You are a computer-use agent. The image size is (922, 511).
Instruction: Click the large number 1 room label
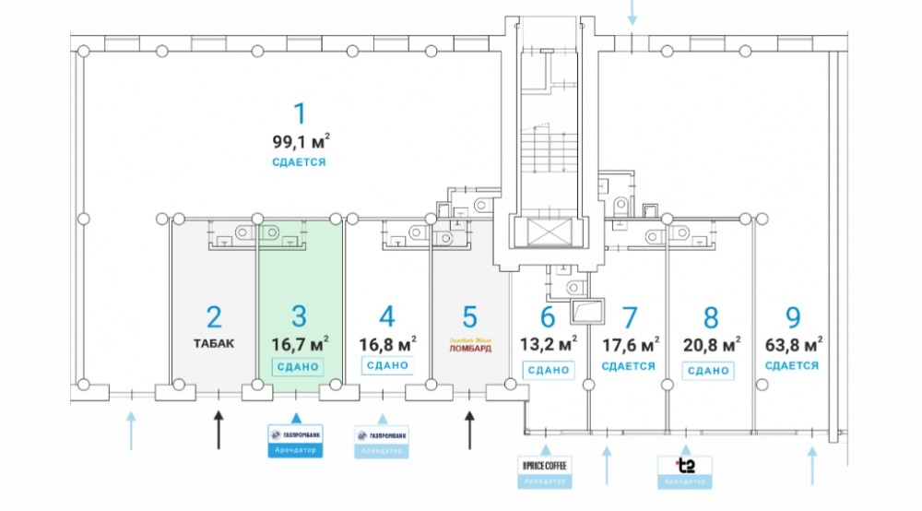298,114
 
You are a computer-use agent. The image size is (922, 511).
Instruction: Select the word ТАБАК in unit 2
214,343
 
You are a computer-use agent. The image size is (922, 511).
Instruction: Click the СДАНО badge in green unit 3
298,367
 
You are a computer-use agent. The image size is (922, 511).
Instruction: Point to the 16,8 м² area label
387,343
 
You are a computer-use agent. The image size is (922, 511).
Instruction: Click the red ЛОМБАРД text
469,350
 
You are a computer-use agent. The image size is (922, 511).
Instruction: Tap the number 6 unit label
548,317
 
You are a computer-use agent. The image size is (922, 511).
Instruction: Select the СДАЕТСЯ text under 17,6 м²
629,366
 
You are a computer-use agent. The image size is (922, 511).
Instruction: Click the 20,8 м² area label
710,344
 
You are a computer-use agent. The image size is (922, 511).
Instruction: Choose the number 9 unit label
792,317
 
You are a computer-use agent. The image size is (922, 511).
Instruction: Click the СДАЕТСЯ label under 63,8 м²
792,365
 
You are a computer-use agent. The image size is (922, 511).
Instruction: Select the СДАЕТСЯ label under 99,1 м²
299,162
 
